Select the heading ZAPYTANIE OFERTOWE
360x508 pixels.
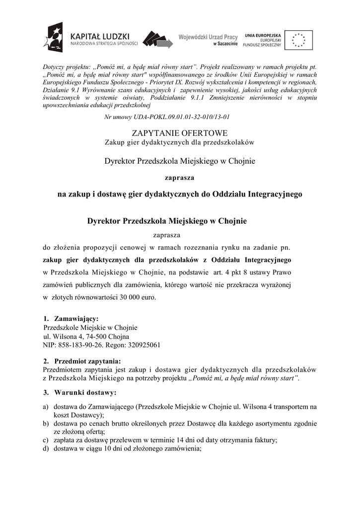coord(180,133)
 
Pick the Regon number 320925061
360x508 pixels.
coord(144,345)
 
